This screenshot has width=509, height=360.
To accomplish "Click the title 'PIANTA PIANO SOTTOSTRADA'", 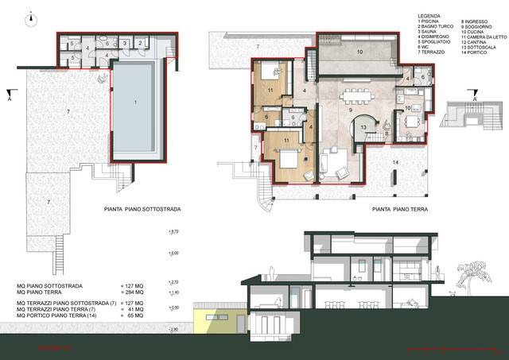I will tap(142, 211).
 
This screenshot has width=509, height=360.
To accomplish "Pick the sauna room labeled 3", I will tap(124, 43).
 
